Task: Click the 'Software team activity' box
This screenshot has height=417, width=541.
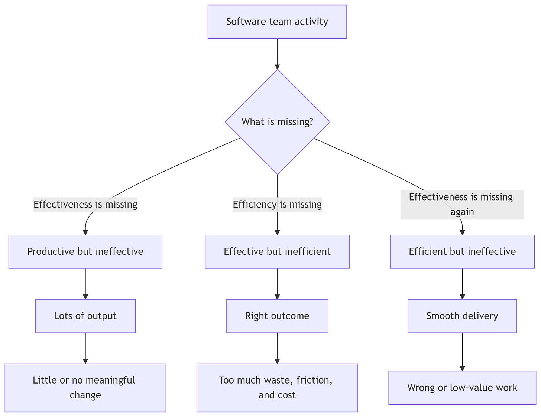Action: pos(277,22)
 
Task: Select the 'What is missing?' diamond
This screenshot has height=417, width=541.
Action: pos(277,122)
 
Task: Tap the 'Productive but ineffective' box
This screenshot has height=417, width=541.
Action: pos(85,251)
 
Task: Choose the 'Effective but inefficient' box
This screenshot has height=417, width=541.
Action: pos(277,251)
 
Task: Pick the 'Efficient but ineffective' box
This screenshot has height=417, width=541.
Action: pos(462,251)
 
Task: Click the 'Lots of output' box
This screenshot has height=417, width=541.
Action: pos(85,316)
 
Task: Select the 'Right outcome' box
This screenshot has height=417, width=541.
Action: pos(277,316)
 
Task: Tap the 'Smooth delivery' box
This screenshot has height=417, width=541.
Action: pos(462,316)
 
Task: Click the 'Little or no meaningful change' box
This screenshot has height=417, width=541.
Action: pos(85,388)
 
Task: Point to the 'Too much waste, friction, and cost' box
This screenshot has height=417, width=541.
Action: pos(277,388)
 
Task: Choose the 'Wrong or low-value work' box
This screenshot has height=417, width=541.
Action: pos(462,388)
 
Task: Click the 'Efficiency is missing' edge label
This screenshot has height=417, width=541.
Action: pos(277,205)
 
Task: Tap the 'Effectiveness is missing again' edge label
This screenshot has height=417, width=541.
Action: pos(462,205)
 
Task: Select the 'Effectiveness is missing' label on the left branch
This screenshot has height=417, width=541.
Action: pos(85,205)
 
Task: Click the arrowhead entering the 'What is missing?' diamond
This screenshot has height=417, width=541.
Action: pos(277,67)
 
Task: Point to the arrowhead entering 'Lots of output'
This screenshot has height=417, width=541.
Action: pos(85,297)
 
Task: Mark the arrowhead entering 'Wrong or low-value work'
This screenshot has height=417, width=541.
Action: pos(462,369)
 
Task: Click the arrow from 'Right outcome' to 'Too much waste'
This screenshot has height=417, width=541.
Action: pos(277,348)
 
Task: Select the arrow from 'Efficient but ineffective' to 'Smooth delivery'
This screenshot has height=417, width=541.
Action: pos(462,284)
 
